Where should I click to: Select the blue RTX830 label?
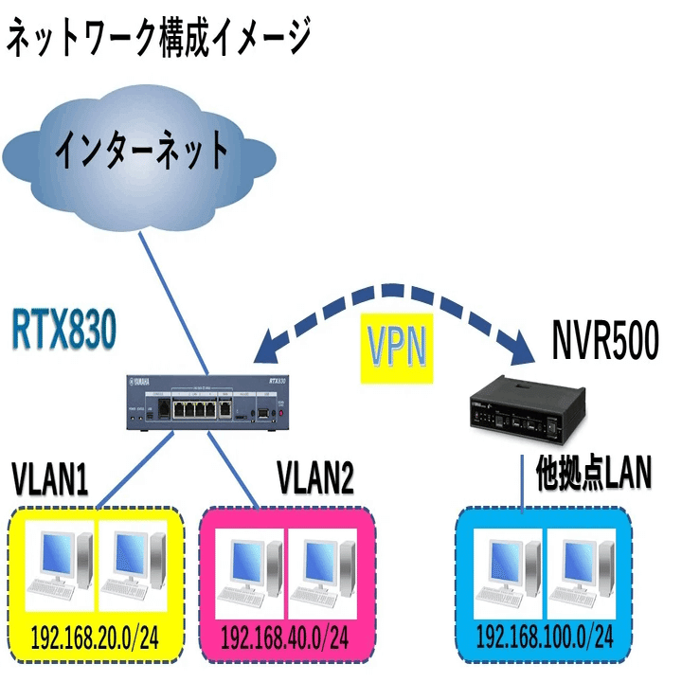[64, 331]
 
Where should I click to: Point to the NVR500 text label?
[603, 342]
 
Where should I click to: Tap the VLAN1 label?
[50, 480]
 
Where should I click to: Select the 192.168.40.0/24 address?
[283, 634]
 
